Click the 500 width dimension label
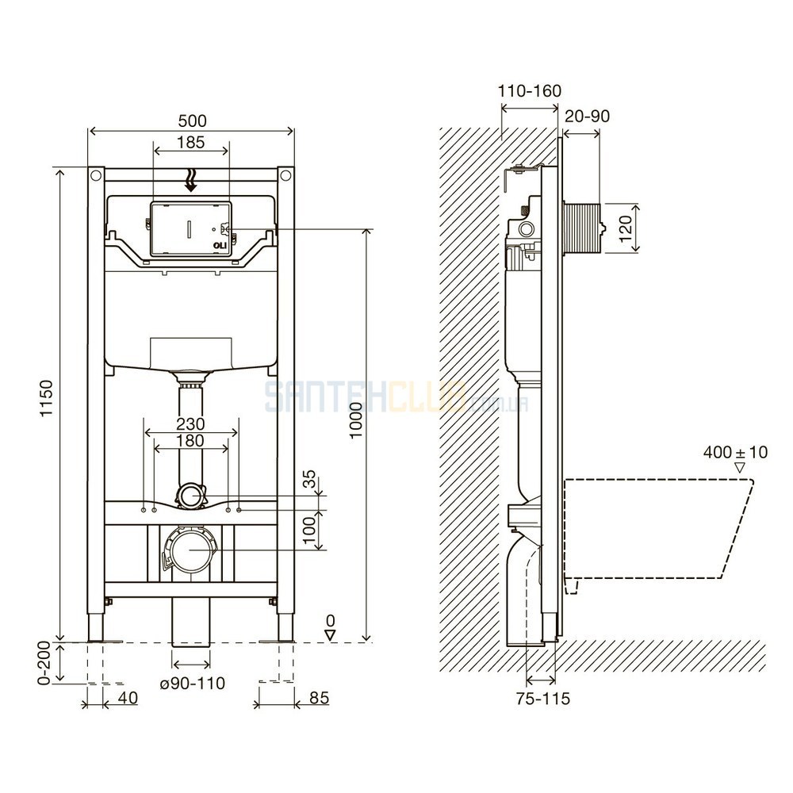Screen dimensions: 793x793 tap(192, 121)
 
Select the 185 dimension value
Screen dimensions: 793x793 tap(190, 142)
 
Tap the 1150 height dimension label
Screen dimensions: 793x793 tap(47, 399)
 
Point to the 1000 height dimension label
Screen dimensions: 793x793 tap(357, 420)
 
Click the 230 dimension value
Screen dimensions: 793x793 tap(190, 423)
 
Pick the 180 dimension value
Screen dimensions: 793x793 tap(190, 440)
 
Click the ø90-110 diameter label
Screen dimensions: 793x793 tap(192, 684)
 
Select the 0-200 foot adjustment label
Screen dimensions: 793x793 tap(44, 662)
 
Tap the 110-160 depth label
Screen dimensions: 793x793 tap(530, 91)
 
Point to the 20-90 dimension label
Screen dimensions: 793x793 tap(587, 117)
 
